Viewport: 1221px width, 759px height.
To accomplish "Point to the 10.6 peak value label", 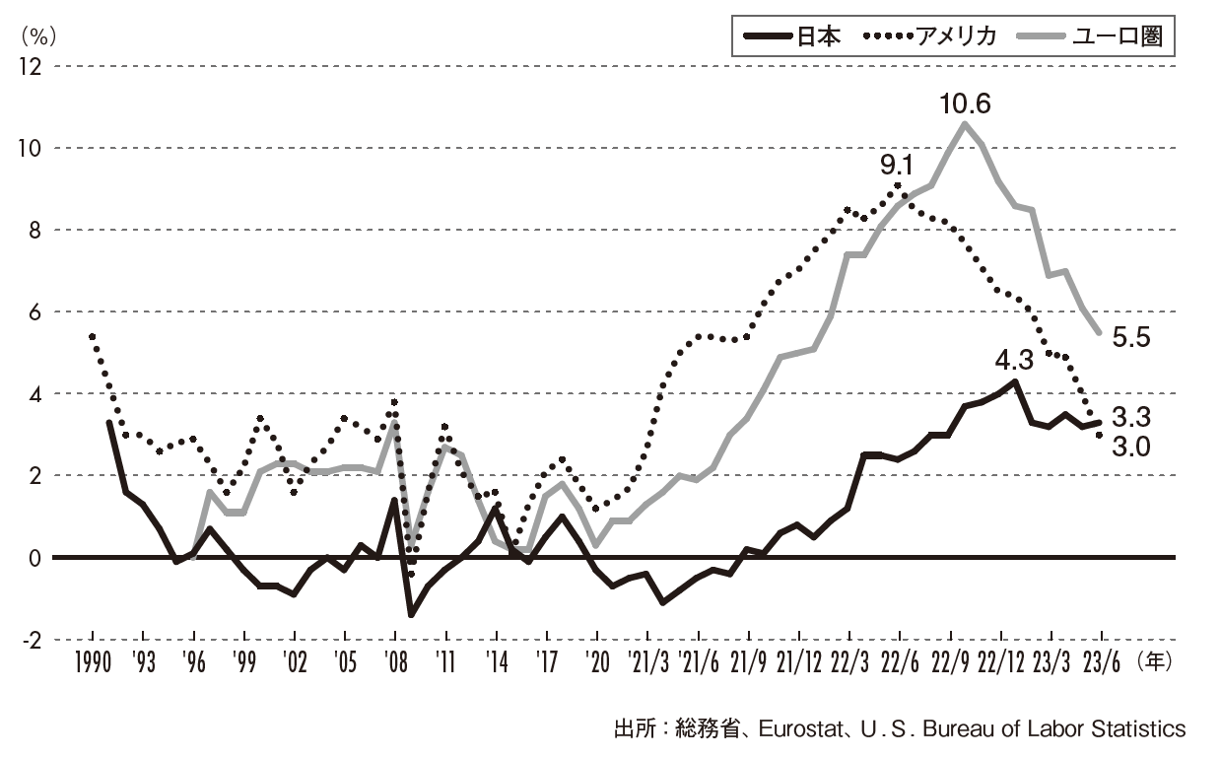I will [965, 103].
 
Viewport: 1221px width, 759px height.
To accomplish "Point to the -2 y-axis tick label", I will [30, 640].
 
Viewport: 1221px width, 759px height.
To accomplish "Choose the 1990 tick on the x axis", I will [92, 662].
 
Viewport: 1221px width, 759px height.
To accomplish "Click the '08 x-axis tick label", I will [395, 662].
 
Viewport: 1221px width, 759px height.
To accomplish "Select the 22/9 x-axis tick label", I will [951, 662].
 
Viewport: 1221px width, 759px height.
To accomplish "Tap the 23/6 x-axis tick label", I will [1102, 662].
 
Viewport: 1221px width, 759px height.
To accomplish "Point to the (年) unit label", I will [1155, 661].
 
